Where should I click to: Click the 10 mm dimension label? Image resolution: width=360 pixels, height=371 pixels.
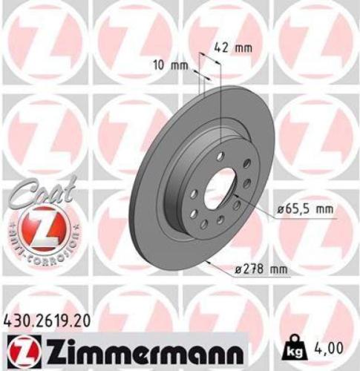168,65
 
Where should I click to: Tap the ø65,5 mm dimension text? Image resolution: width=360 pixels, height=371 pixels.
303,211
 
